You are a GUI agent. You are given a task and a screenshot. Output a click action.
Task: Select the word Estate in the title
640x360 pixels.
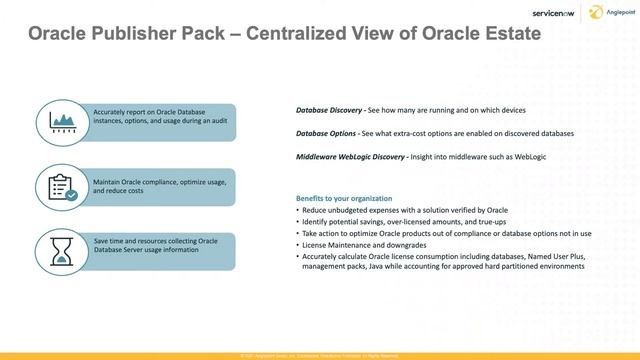click(x=506, y=35)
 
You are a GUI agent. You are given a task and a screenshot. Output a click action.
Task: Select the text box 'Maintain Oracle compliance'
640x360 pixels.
click(x=150, y=186)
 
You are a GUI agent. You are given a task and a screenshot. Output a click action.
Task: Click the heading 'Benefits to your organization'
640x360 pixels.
click(x=344, y=198)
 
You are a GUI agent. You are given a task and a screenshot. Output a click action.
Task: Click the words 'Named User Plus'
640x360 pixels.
click(x=560, y=256)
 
